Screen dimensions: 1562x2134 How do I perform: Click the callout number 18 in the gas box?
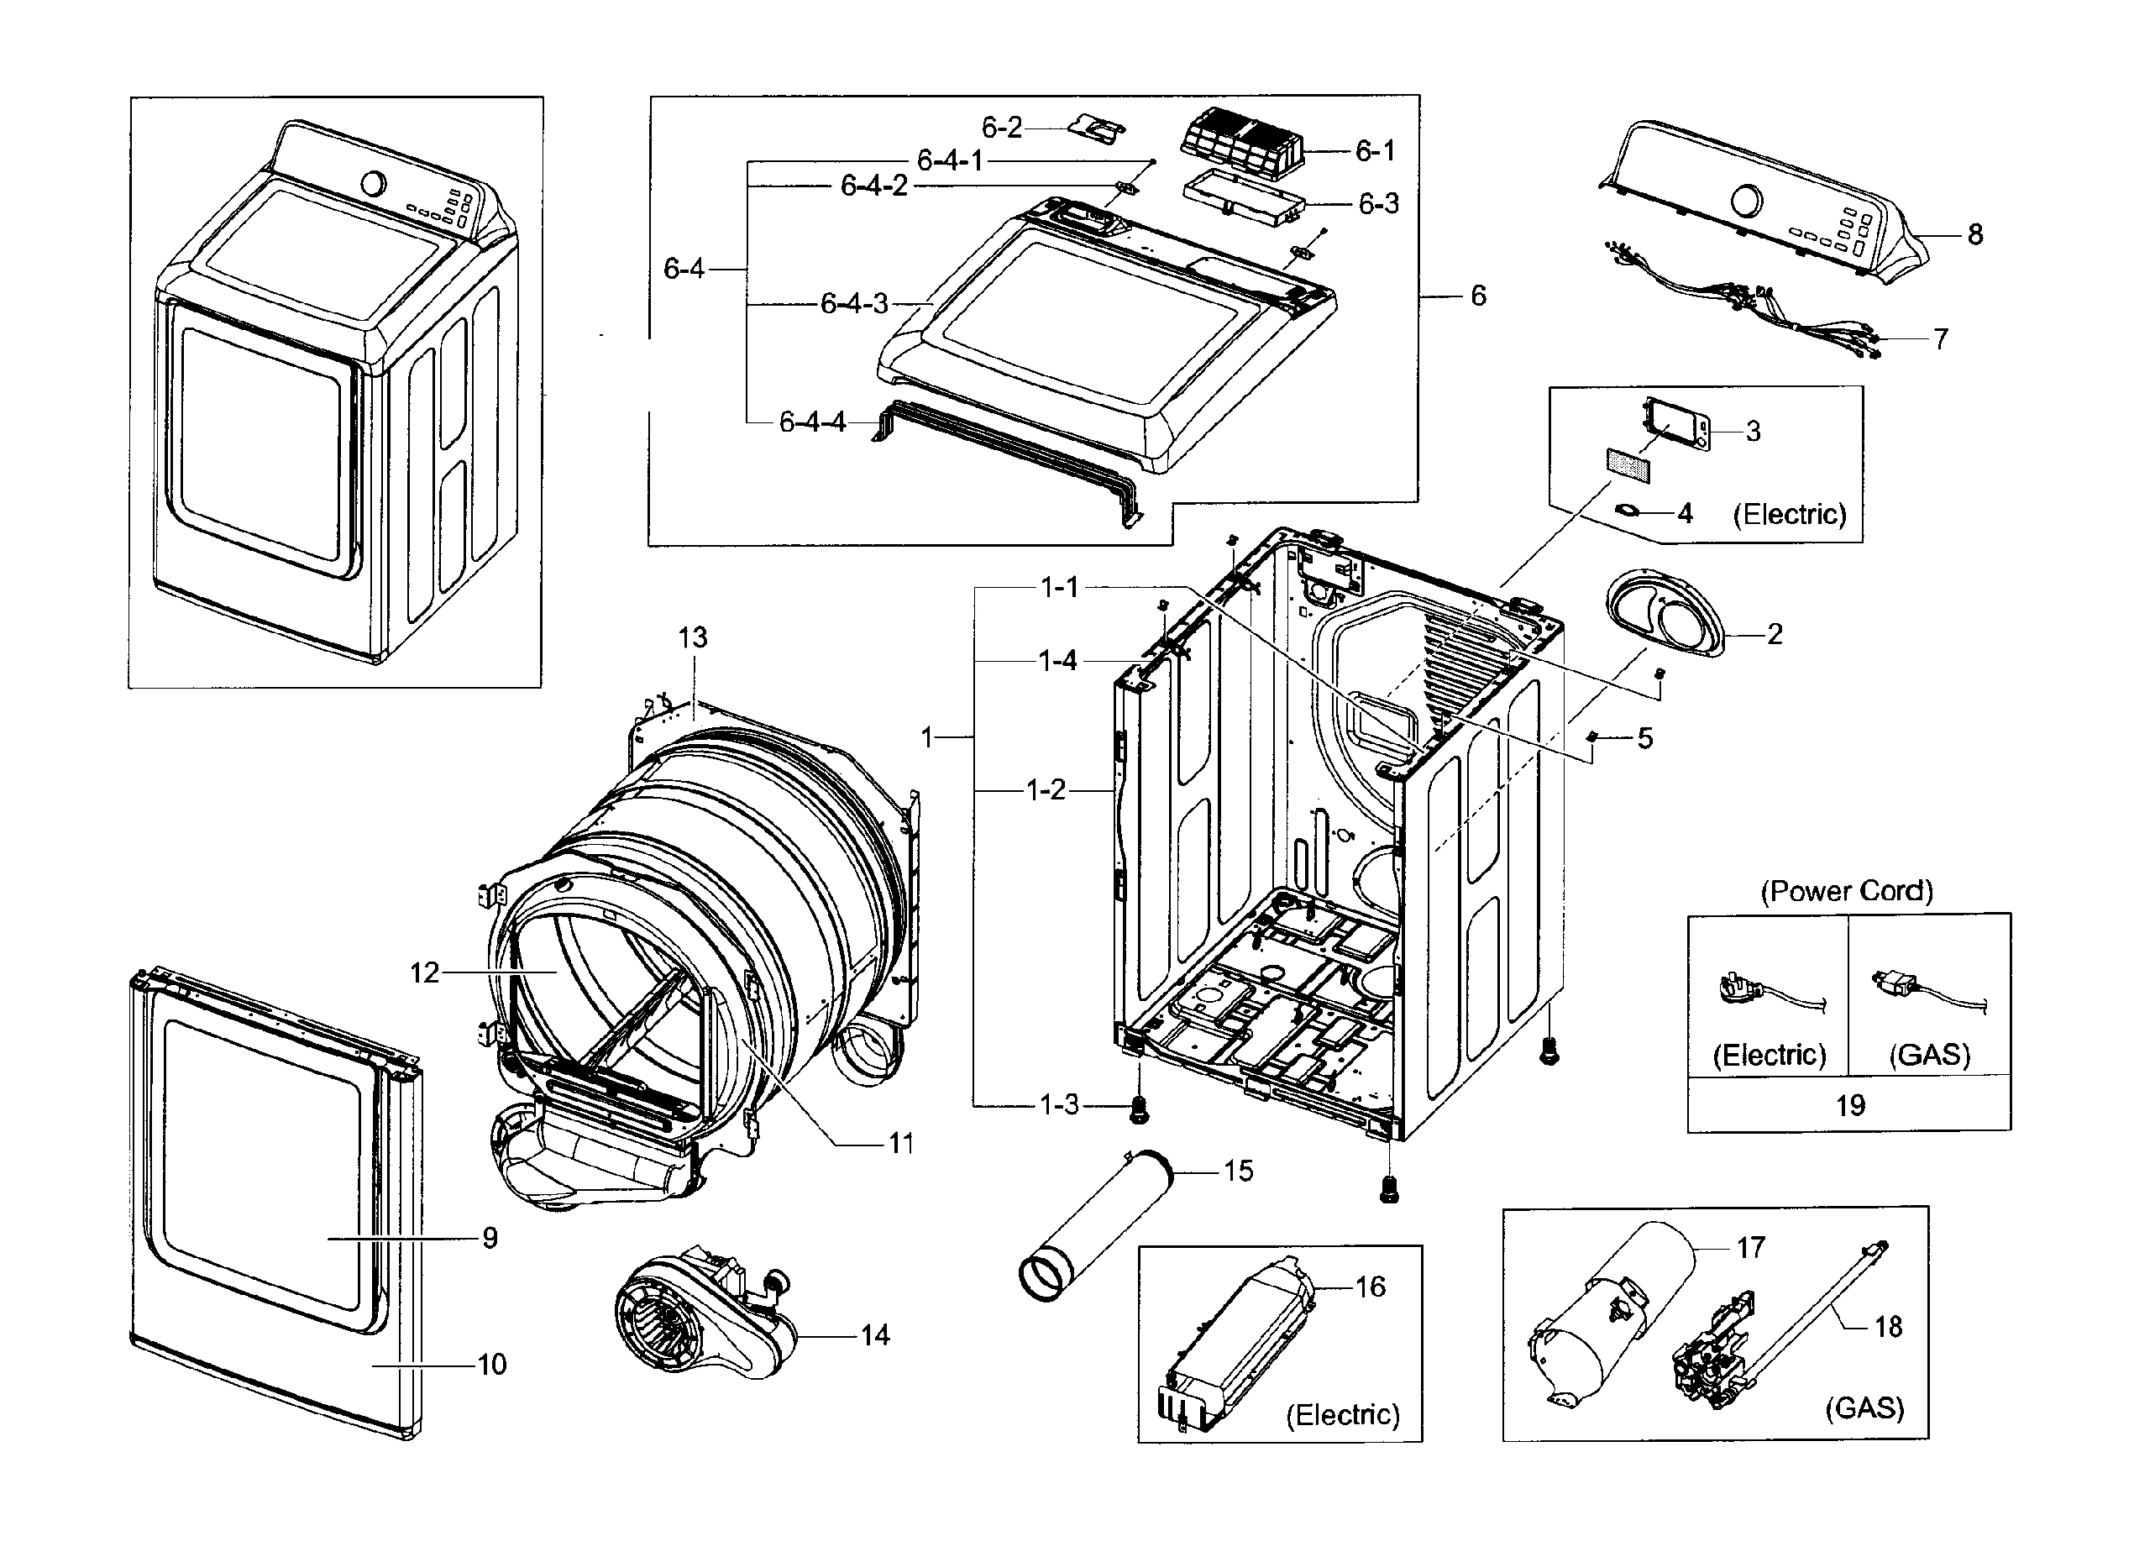click(x=1888, y=1327)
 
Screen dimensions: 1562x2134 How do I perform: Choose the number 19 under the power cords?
click(x=1850, y=1104)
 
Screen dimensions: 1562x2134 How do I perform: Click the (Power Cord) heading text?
click(x=1847, y=891)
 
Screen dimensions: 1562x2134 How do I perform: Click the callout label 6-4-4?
click(x=812, y=422)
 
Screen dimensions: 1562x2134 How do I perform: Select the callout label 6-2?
click(x=1001, y=127)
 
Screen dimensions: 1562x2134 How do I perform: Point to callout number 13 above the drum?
click(x=692, y=637)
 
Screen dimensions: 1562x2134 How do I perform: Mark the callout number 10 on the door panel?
click(x=491, y=1365)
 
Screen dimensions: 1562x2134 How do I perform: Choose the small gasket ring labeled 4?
click(x=1628, y=511)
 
